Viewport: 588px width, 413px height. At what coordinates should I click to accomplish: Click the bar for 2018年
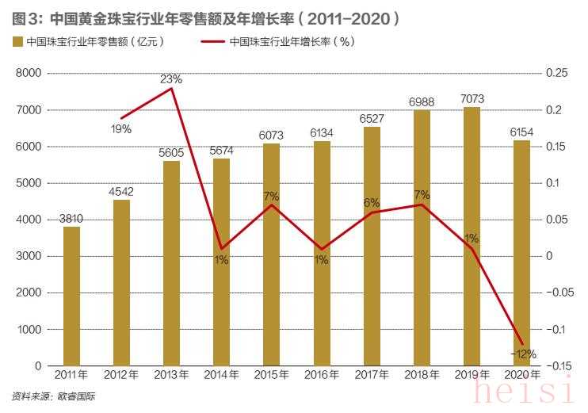click(x=421, y=238)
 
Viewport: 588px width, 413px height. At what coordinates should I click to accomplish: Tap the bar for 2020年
click(x=521, y=253)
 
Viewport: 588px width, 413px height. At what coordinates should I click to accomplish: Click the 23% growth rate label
click(x=171, y=78)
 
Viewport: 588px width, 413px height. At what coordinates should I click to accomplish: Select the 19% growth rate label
click(x=121, y=128)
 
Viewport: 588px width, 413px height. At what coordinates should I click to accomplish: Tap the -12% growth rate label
click(x=523, y=354)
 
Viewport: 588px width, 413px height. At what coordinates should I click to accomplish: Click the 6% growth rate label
click(x=372, y=202)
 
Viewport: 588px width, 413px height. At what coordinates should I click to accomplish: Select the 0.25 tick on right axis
click(x=557, y=73)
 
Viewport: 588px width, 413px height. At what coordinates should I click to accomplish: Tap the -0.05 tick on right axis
click(x=559, y=293)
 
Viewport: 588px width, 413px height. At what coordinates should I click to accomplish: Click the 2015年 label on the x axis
click(x=271, y=373)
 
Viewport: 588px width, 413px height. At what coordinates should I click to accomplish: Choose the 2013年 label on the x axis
click(x=171, y=373)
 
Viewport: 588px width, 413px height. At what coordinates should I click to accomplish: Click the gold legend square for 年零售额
click(x=16, y=42)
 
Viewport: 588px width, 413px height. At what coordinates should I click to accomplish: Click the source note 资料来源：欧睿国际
click(x=53, y=395)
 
